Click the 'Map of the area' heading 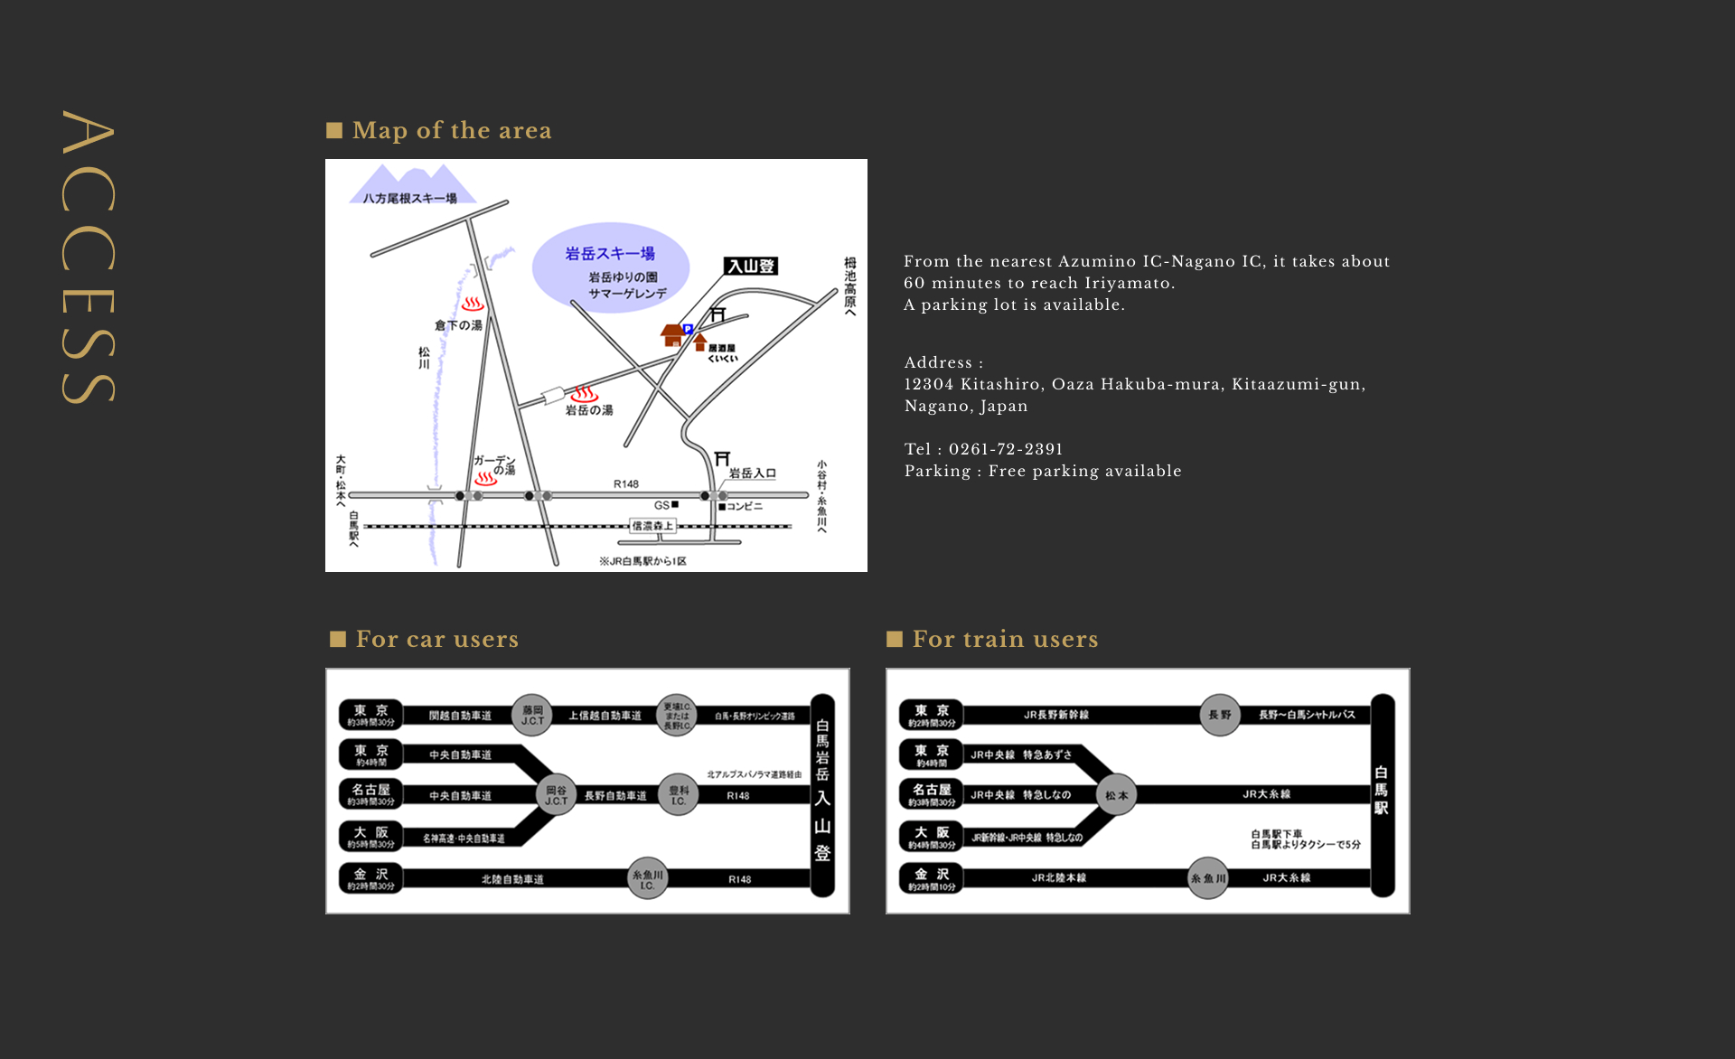point(451,130)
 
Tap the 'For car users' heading point(436,639)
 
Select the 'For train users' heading point(1005,639)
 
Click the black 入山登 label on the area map point(751,266)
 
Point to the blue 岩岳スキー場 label point(610,253)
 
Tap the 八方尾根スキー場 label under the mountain point(409,198)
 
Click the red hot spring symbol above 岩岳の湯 point(584,394)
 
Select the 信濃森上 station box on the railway point(652,526)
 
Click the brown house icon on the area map point(672,335)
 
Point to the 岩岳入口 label point(752,473)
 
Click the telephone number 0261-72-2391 point(1006,449)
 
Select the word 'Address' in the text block point(938,362)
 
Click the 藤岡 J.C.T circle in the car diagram point(532,716)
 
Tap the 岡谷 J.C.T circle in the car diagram point(556,795)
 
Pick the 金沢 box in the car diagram point(371,878)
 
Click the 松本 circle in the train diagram point(1117,795)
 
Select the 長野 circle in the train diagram point(1220,715)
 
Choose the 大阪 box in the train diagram point(932,837)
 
